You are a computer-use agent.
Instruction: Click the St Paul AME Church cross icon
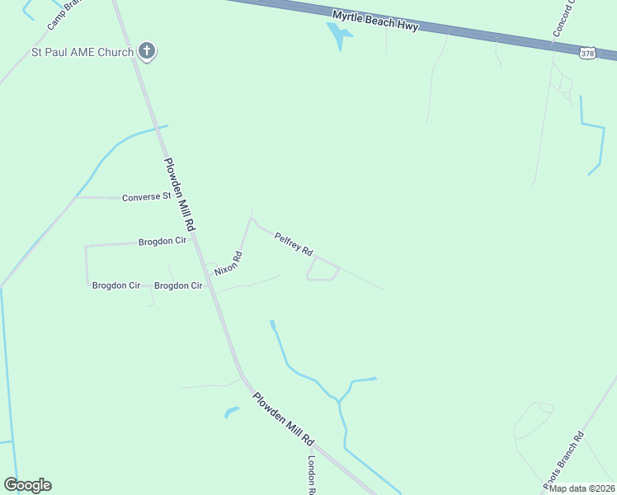pos(147,51)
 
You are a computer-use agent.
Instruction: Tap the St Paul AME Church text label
pos(82,53)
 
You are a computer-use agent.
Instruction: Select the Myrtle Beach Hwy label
pos(375,21)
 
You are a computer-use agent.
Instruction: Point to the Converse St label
pos(146,197)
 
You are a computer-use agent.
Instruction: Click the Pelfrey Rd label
pos(294,243)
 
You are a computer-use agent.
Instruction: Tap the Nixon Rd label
pos(228,263)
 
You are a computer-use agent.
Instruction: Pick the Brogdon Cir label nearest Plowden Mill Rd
pos(178,285)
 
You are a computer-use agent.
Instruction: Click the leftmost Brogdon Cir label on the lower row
pos(115,285)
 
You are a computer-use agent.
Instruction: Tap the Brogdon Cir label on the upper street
pos(162,243)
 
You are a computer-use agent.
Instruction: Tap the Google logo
pos(27,485)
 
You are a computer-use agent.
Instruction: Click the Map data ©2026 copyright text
pos(582,488)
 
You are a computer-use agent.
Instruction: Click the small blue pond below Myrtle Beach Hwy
pos(339,35)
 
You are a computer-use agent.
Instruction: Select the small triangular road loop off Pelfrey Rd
pos(322,270)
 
